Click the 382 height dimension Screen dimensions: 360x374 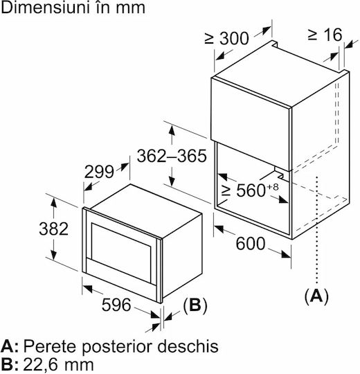tap(53, 229)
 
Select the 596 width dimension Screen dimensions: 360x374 tap(116, 305)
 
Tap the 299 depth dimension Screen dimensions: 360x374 tap(99, 172)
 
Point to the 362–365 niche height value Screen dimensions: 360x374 tap(172, 156)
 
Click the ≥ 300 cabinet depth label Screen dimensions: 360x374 tap(226, 38)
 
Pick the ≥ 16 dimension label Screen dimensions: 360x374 tap(325, 35)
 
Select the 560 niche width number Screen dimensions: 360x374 tap(251, 190)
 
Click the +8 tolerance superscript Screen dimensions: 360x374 tap(273, 187)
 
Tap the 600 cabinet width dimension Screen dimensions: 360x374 tap(251, 244)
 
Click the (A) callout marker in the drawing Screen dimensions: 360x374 tap(316, 296)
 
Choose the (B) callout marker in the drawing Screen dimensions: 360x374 tap(195, 305)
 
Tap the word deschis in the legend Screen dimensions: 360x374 tap(188, 346)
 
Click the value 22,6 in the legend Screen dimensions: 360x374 tap(42, 365)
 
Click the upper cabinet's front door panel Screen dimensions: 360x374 tap(251, 124)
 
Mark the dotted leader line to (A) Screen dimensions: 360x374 tap(316, 230)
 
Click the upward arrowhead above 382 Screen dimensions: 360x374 tap(53, 204)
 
